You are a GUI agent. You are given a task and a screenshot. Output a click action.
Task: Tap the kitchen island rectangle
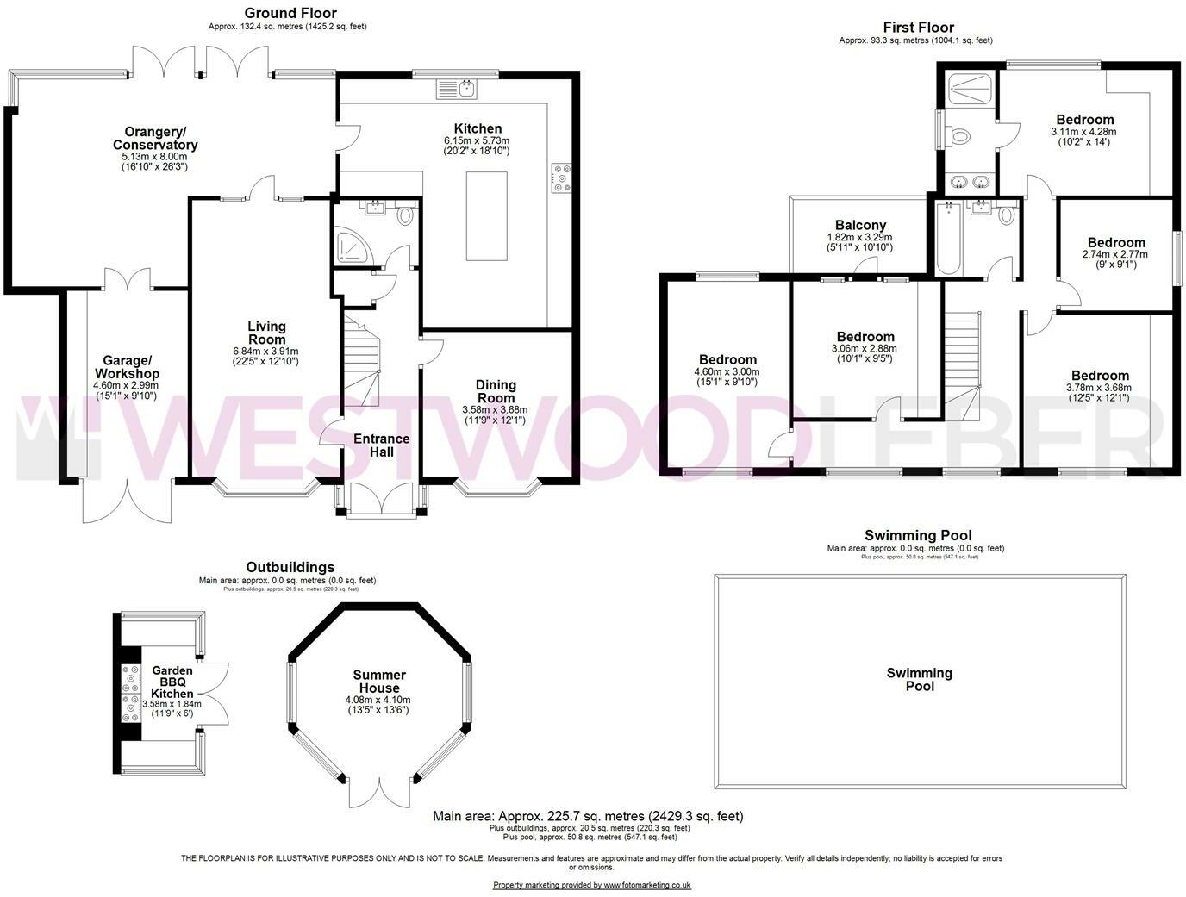(x=486, y=215)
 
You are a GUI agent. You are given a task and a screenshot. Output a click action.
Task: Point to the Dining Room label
(x=496, y=391)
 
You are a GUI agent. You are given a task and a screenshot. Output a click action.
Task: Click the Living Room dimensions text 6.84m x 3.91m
(x=266, y=351)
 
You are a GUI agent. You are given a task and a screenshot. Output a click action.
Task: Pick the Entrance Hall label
(x=381, y=445)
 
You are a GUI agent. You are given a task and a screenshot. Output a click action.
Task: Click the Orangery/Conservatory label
(x=155, y=138)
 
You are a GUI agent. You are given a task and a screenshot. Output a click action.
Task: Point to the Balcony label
(x=860, y=226)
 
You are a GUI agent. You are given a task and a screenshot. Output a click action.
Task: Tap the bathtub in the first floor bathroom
(x=947, y=239)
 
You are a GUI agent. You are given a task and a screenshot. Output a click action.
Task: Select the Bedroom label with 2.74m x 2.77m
(x=1116, y=243)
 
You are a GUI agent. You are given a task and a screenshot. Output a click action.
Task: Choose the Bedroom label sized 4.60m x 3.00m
(x=727, y=360)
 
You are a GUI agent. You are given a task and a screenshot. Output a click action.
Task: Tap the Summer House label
(x=379, y=681)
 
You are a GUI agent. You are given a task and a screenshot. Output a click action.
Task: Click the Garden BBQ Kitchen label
(x=172, y=682)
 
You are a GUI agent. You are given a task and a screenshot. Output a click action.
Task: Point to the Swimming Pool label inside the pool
(x=920, y=679)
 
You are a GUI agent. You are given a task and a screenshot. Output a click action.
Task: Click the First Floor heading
(x=918, y=28)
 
